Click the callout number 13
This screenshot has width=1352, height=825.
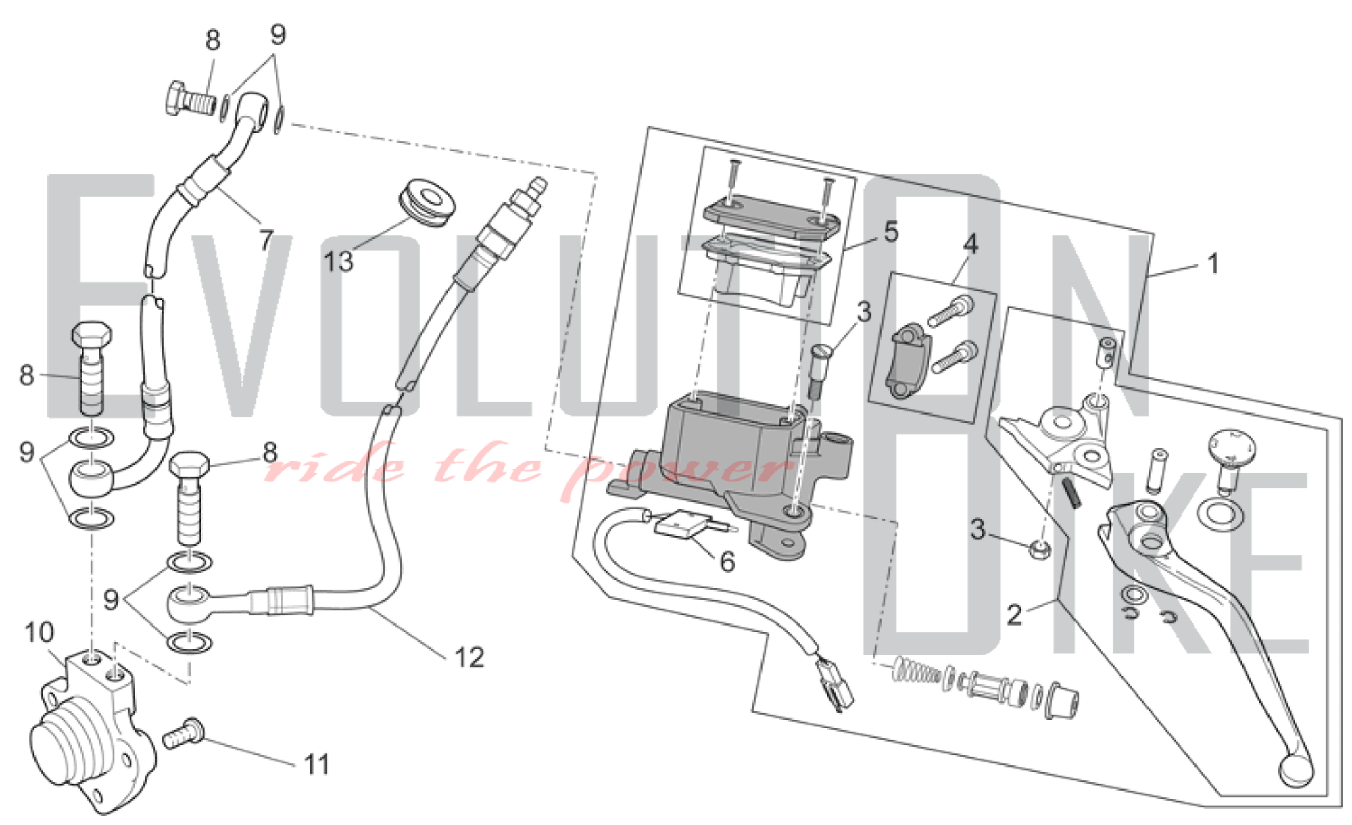(x=338, y=262)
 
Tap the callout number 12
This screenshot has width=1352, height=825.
(x=470, y=657)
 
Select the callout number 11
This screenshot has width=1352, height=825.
(x=316, y=765)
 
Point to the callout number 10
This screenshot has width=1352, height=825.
(x=39, y=633)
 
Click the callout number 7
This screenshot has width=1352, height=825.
(x=266, y=240)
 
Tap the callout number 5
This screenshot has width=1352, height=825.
(x=892, y=232)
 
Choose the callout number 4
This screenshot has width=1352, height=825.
(x=971, y=244)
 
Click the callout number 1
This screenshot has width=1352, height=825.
(x=1213, y=264)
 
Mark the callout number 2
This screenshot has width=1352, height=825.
(x=1014, y=615)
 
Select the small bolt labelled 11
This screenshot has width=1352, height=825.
(x=183, y=733)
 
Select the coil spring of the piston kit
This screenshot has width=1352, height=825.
(x=917, y=670)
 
